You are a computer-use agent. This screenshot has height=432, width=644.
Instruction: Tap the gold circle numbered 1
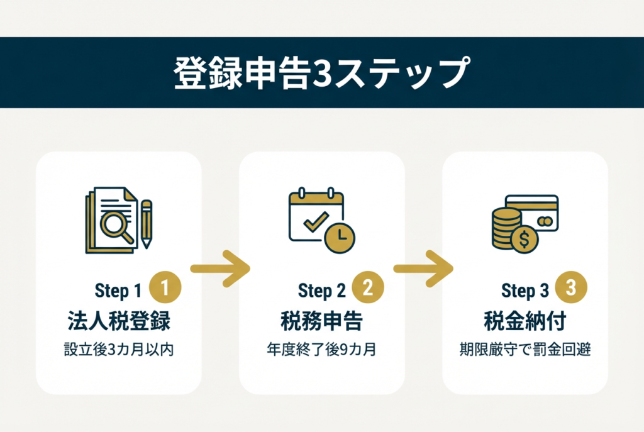pos(165,289)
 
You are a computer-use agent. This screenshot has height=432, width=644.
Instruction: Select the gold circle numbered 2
pos(368,289)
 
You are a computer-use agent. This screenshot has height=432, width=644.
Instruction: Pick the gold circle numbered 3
pos(570,289)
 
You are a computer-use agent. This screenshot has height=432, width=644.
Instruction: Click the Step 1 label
pos(118,291)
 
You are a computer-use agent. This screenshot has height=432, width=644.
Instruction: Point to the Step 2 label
pos(321,291)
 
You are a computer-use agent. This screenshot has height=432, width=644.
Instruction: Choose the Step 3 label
pos(525,291)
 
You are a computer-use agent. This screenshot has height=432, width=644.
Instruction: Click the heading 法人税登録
pos(119,321)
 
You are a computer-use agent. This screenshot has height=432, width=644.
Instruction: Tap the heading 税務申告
pos(321,321)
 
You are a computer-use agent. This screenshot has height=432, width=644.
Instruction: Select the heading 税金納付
pos(525,321)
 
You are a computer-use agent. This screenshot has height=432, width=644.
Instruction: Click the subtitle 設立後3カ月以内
pos(119,350)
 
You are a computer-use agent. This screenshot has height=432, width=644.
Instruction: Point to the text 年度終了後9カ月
pos(321,350)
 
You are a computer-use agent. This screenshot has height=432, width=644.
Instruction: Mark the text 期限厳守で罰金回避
pos(525,350)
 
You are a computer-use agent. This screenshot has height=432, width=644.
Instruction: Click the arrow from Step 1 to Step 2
pos(221,269)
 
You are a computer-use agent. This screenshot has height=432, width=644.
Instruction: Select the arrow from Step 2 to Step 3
pos(424,269)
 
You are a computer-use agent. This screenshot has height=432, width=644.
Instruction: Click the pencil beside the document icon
pos(147,223)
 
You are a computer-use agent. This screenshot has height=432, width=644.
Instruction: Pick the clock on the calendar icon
pos(340,236)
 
